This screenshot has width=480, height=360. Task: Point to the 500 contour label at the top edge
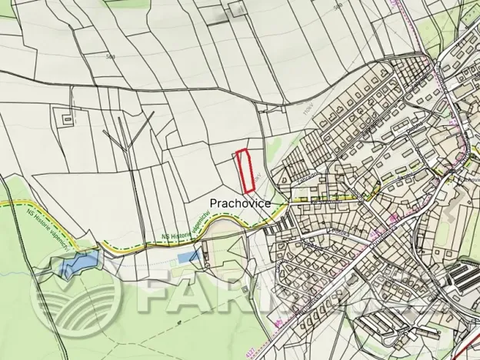pos(337,6)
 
